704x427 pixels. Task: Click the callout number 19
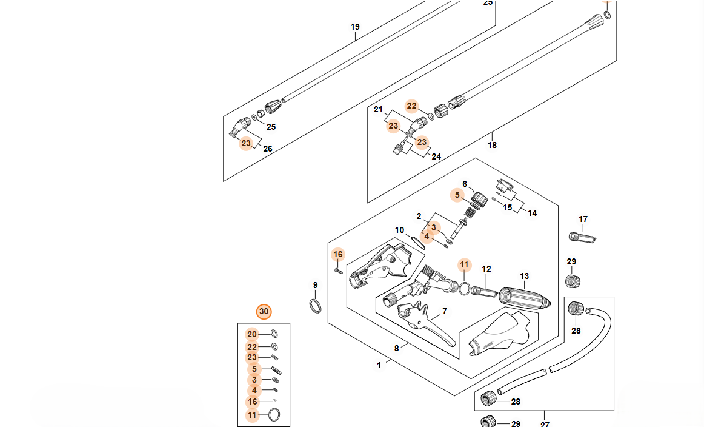pyautogui.click(x=355, y=27)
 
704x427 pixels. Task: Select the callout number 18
pyautogui.click(x=492, y=145)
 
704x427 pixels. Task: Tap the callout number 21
pyautogui.click(x=379, y=110)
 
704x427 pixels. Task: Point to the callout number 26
pyautogui.click(x=268, y=149)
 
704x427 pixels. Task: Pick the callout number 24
pyautogui.click(x=436, y=156)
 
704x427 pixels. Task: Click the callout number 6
pyautogui.click(x=465, y=184)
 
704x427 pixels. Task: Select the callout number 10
pyautogui.click(x=399, y=230)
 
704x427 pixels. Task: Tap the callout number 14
pyautogui.click(x=532, y=213)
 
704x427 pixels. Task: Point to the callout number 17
pyautogui.click(x=583, y=219)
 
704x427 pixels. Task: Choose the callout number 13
pyautogui.click(x=524, y=277)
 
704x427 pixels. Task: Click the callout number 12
pyautogui.click(x=486, y=269)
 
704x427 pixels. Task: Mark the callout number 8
pyautogui.click(x=397, y=348)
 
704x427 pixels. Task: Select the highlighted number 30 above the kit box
pyautogui.click(x=264, y=312)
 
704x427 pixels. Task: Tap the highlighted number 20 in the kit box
pyautogui.click(x=252, y=334)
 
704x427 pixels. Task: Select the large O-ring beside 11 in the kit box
pyautogui.click(x=274, y=415)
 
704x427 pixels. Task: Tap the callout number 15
pyautogui.click(x=508, y=207)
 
